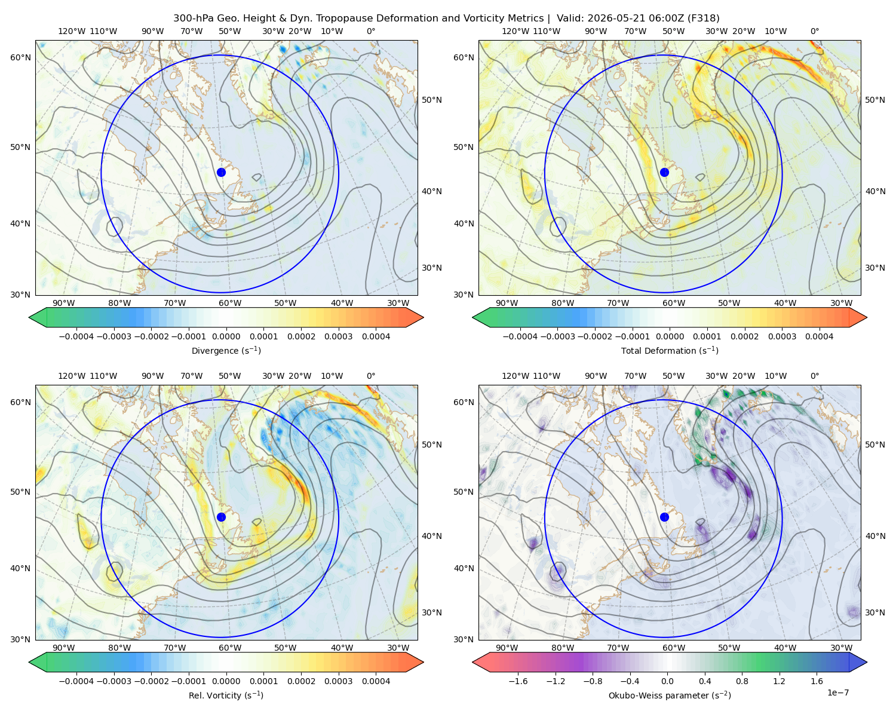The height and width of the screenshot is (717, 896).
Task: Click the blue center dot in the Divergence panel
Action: (x=221, y=172)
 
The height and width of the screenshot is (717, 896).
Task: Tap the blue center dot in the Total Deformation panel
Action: (x=664, y=172)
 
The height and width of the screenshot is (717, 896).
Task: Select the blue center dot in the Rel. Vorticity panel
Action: (x=221, y=517)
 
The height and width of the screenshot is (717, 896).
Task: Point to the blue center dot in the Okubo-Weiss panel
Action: (x=664, y=517)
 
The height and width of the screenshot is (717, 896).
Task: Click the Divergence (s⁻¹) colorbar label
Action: (x=226, y=350)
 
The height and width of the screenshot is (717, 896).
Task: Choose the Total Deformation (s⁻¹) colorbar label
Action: (x=670, y=350)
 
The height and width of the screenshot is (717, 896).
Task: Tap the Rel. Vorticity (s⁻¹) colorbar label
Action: (x=226, y=695)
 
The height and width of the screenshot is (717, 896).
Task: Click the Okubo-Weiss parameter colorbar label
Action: (x=670, y=695)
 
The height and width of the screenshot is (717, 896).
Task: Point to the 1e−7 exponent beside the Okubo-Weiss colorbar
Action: (x=837, y=693)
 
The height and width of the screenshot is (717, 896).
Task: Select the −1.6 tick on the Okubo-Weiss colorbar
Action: (x=518, y=681)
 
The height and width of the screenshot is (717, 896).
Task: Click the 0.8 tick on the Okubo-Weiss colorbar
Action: (x=742, y=681)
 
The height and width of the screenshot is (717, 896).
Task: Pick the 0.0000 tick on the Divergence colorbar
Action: (x=226, y=336)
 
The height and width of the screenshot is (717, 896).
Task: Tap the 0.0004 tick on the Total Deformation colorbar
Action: (x=819, y=336)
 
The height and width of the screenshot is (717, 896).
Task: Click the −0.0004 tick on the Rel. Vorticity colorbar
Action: (x=76, y=681)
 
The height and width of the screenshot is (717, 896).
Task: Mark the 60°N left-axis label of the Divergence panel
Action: (x=20, y=57)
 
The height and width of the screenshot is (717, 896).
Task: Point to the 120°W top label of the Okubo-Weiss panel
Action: (x=515, y=375)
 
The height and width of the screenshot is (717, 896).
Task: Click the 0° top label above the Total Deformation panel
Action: (x=814, y=31)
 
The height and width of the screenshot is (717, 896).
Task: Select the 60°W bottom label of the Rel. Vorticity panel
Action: (x=230, y=648)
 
